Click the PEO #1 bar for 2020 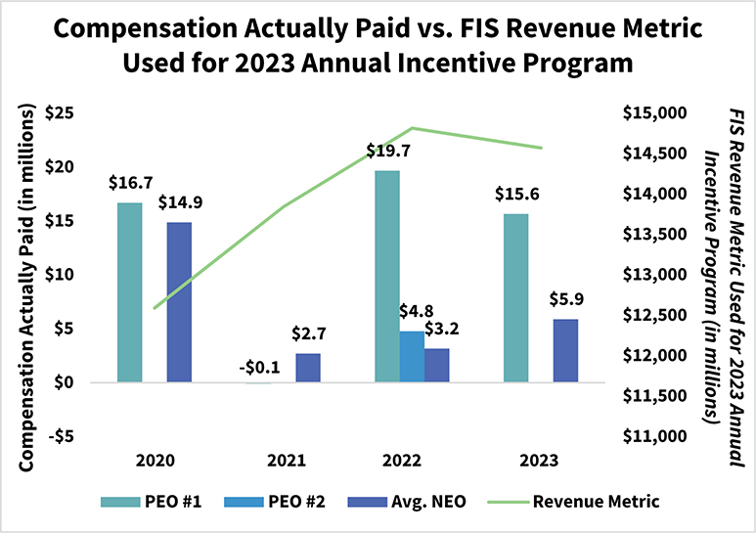(130, 292)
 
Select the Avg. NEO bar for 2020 (179, 302)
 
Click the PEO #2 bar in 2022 (412, 357)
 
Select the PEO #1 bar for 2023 (515, 298)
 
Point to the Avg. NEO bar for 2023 (565, 350)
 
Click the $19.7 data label (386, 151)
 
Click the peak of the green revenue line (413, 128)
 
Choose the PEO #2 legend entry (275, 502)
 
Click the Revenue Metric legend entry (584, 502)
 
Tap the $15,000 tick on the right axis (653, 112)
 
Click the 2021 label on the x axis (283, 459)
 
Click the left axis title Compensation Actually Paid (27, 274)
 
